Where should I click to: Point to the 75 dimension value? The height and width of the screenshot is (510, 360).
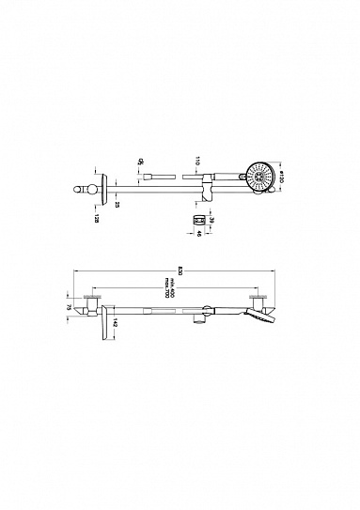69,305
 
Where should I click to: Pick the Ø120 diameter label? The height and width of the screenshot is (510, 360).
281,175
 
